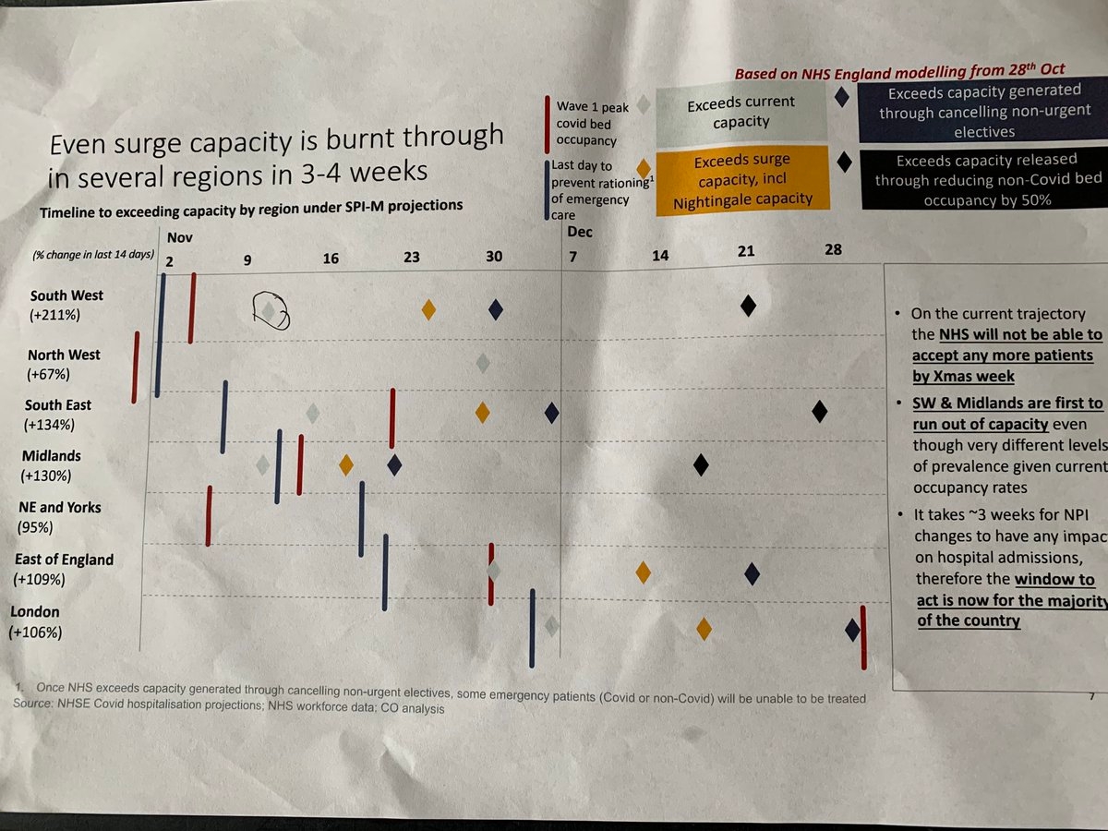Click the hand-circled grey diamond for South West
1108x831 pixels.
(268, 312)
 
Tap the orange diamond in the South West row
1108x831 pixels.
(428, 309)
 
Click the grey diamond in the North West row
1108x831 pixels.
(482, 363)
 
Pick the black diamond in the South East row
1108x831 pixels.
(819, 412)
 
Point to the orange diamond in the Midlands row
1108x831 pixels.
(346, 464)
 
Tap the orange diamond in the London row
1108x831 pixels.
(704, 629)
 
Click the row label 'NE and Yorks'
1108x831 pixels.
(60, 507)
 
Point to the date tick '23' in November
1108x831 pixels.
(411, 258)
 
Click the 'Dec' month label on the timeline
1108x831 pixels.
(580, 232)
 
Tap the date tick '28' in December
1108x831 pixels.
(833, 249)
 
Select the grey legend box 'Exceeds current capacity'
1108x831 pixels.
(728, 112)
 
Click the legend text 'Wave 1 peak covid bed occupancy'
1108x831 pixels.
(593, 123)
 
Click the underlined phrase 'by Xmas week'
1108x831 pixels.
(963, 377)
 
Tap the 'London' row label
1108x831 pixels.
(34, 611)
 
